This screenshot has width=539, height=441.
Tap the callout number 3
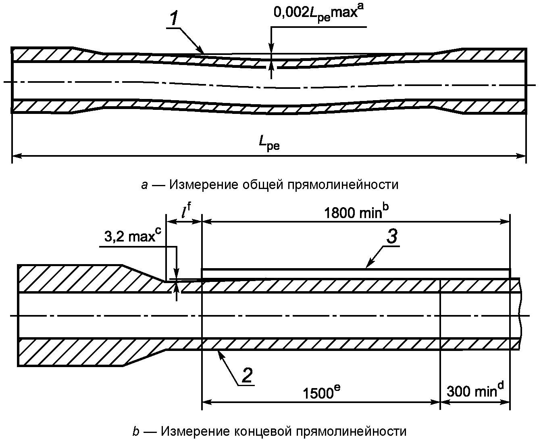pyautogui.click(x=391, y=237)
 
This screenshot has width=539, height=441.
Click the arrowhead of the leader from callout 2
pyautogui.click(x=219, y=353)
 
